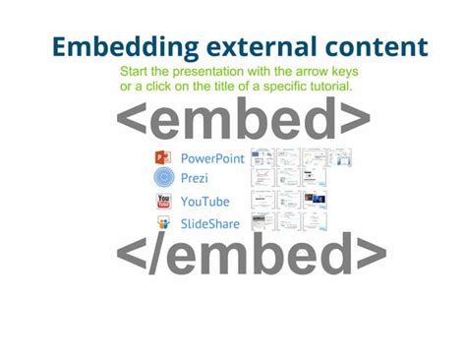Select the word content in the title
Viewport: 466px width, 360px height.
click(373, 46)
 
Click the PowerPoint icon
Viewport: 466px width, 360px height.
click(163, 157)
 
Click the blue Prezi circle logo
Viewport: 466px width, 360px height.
click(163, 178)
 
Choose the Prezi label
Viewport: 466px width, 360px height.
click(195, 178)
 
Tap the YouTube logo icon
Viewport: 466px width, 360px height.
click(163, 202)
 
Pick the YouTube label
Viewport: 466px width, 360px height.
click(205, 202)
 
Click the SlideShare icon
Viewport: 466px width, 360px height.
click(163, 224)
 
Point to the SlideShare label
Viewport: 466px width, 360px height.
click(210, 224)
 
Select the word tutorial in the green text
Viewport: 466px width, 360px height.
click(329, 87)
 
